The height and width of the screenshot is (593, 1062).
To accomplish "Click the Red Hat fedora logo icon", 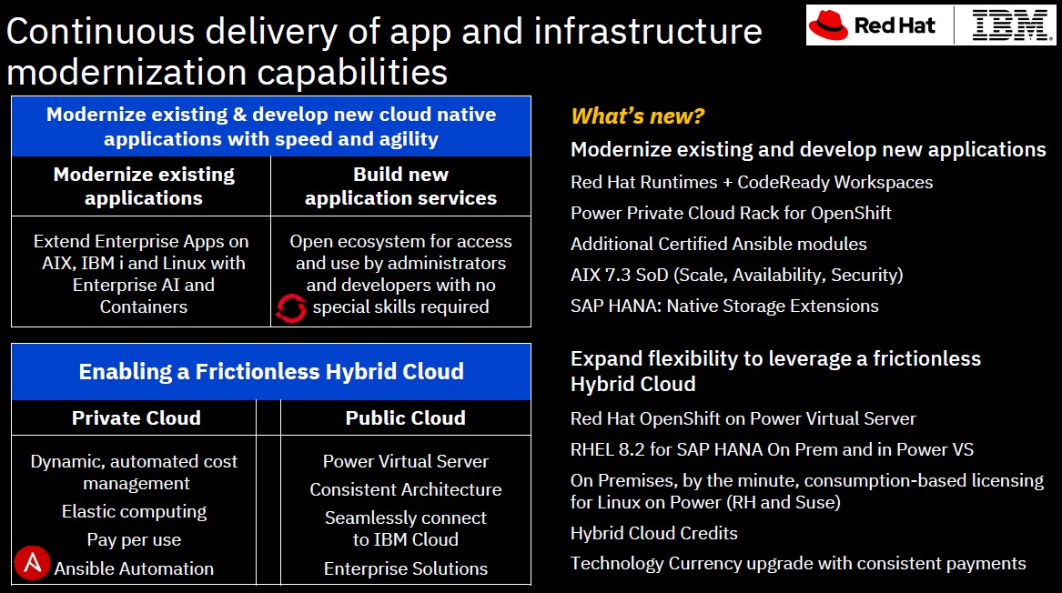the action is pyautogui.click(x=828, y=25).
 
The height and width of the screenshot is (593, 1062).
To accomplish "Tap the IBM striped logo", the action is pyautogui.click(x=1012, y=25).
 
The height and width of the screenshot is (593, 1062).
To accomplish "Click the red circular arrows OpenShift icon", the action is pyautogui.click(x=291, y=308).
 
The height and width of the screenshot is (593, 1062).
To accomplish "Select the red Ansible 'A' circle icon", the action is pyautogui.click(x=32, y=563).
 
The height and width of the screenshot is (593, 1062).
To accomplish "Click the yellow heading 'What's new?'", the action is pyautogui.click(x=637, y=116).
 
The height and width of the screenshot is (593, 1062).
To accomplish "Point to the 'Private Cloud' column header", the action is pyautogui.click(x=137, y=417).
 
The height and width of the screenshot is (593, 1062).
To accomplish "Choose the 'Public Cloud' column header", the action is pyautogui.click(x=406, y=417).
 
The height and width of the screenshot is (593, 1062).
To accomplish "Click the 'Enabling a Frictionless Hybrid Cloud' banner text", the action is pyautogui.click(x=271, y=372).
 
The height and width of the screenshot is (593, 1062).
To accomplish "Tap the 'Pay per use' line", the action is pyautogui.click(x=134, y=539).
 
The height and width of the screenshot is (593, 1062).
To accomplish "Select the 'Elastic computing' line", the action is pyautogui.click(x=134, y=512).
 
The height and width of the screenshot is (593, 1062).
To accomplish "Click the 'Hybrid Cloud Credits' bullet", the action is pyautogui.click(x=653, y=534).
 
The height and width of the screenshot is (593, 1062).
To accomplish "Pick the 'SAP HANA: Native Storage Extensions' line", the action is pyautogui.click(x=724, y=306).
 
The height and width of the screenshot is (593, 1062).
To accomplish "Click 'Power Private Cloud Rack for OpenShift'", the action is pyautogui.click(x=731, y=213).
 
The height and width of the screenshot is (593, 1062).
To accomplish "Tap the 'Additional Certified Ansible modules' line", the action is pyautogui.click(x=719, y=244).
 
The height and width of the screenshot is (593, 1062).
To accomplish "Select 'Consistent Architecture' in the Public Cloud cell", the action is pyautogui.click(x=406, y=489).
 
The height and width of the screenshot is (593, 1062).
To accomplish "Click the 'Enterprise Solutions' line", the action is pyautogui.click(x=406, y=568).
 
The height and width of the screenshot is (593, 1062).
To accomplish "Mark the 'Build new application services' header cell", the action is pyautogui.click(x=401, y=186).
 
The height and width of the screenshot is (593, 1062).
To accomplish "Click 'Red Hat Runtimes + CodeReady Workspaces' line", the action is pyautogui.click(x=752, y=182).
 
